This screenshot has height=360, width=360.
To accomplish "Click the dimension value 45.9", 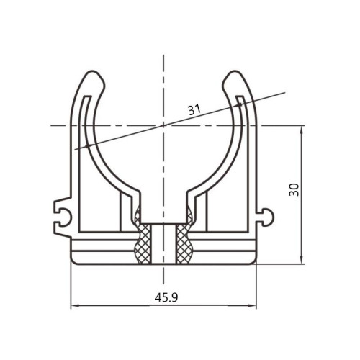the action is (x=166, y=298).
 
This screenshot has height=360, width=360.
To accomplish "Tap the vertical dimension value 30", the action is (x=294, y=190).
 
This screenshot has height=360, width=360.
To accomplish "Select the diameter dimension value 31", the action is (x=194, y=109).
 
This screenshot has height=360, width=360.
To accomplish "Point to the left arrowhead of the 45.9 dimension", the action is (x=74, y=305).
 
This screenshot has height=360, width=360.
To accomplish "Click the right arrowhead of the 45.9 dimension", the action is (x=253, y=305).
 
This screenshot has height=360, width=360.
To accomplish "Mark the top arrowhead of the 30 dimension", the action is (x=302, y=129).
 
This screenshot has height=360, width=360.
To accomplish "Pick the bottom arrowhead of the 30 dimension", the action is (x=302, y=260).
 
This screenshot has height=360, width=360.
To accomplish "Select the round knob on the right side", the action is (x=268, y=217).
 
